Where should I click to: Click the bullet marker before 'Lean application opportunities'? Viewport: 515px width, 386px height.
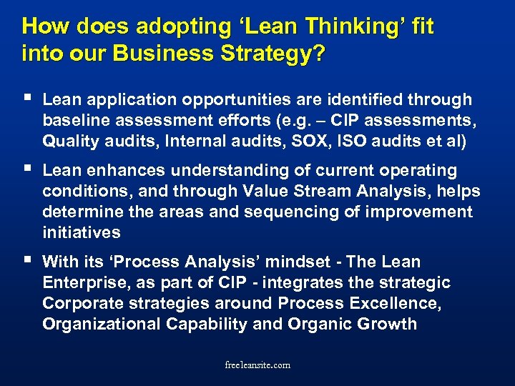tap(26, 99)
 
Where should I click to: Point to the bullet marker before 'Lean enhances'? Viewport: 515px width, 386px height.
tap(26, 169)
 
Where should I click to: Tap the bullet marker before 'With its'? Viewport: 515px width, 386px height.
tap(26, 261)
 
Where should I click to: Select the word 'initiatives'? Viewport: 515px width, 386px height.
tap(82, 233)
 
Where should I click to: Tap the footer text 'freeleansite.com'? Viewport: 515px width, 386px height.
tap(257, 365)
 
